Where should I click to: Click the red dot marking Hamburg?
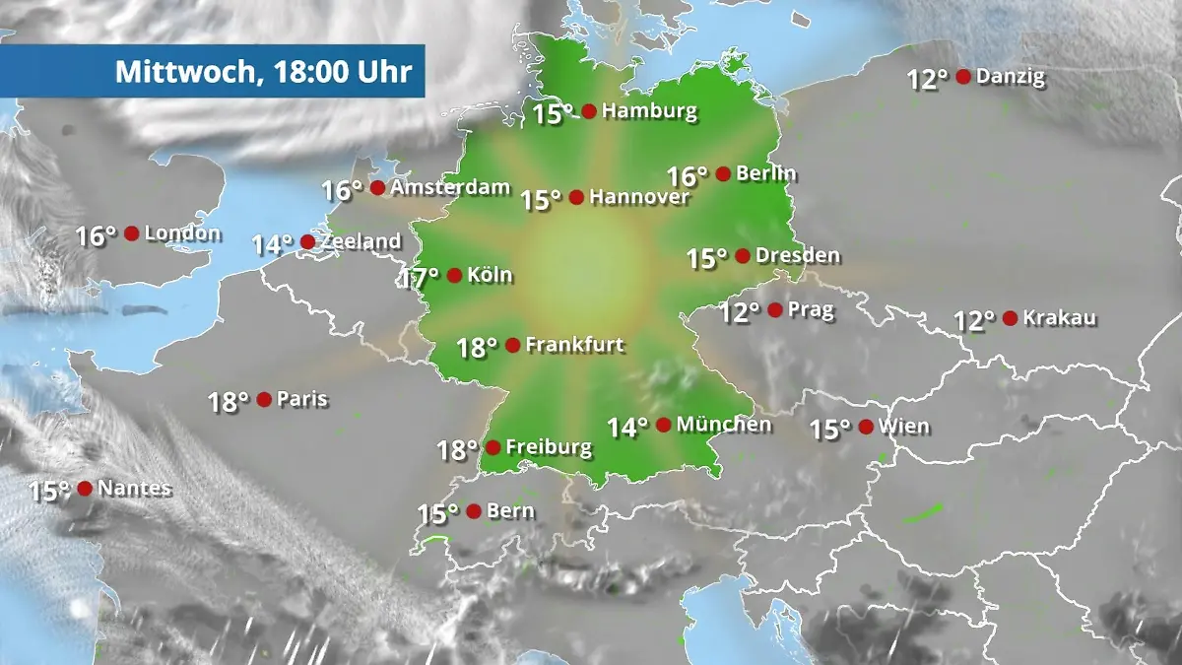tap(589, 111)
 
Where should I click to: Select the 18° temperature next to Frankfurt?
tap(477, 348)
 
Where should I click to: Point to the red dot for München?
tap(664, 425)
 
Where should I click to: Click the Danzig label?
tap(1011, 77)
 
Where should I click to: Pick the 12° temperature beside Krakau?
tap(974, 321)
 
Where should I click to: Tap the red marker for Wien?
tap(866, 427)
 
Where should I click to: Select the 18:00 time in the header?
tap(303, 72)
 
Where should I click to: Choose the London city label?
tap(182, 233)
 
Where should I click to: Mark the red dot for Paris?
tap(264, 399)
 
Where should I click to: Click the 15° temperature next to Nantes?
tap(49, 491)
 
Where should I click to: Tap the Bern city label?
tap(511, 511)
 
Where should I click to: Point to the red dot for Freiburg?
tap(492, 447)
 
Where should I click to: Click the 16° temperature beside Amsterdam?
tap(343, 190)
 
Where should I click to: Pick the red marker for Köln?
tap(454, 275)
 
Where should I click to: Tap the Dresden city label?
tap(798, 256)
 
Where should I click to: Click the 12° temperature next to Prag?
tap(740, 312)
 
